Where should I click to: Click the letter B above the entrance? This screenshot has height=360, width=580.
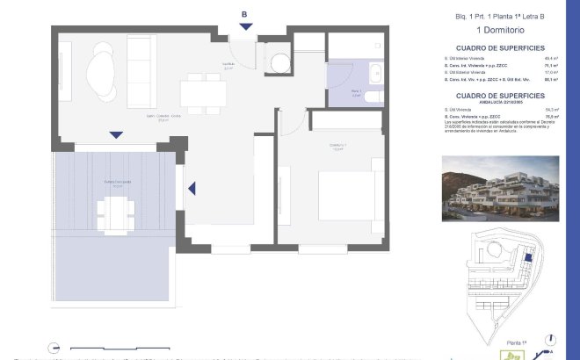244,13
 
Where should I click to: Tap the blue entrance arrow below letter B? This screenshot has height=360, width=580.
245,27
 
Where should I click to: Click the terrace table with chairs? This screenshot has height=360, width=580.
116,212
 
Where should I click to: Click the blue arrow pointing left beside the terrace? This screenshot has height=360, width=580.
192,187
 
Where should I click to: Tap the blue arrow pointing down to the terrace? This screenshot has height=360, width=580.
115,135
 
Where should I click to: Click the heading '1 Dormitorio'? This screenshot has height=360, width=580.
500,31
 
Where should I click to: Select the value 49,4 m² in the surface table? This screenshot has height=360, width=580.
551,58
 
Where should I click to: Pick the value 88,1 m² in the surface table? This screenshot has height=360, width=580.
551,80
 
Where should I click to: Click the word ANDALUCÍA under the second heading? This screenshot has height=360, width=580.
471,100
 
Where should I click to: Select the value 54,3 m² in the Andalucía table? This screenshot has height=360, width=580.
551,109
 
